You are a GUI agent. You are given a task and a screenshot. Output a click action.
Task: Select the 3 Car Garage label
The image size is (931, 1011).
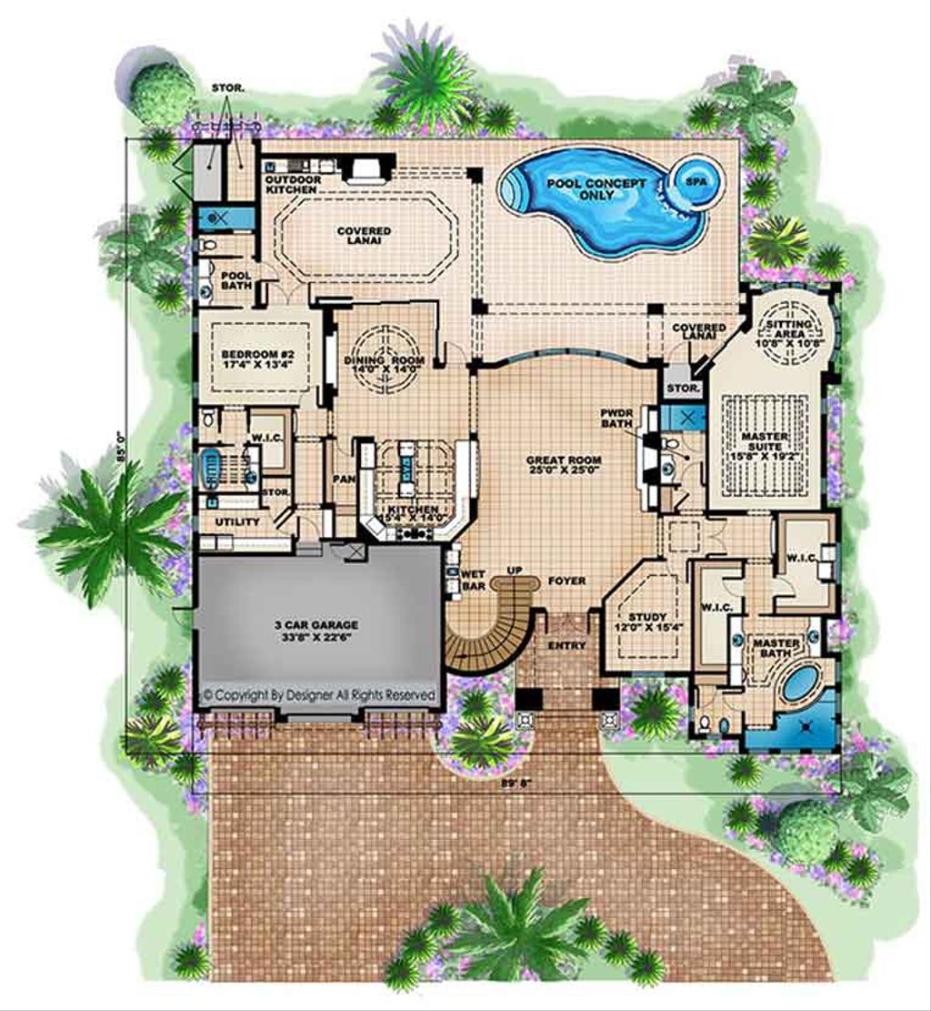coord(317,631)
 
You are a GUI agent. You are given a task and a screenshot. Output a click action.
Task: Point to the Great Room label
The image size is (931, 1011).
coord(565,465)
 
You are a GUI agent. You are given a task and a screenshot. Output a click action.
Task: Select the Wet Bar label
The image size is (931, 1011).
coord(473,581)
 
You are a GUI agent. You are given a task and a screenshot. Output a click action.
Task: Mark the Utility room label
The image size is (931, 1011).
coord(236,521)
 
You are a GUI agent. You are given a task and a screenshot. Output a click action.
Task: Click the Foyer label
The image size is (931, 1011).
coord(567,580)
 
